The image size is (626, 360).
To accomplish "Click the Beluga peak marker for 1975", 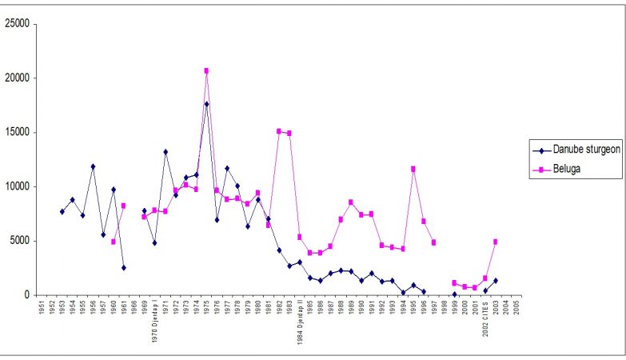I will [x=206, y=70].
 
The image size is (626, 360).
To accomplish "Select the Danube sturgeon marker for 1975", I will [x=206, y=104].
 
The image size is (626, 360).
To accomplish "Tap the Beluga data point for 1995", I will [x=413, y=169].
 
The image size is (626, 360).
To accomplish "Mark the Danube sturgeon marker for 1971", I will [x=165, y=152].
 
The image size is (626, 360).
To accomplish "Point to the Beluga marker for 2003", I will [x=496, y=242].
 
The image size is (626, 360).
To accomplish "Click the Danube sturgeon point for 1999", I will [x=454, y=294].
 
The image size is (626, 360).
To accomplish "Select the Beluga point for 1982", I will [x=279, y=131].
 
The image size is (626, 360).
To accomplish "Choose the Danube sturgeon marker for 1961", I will [x=123, y=267].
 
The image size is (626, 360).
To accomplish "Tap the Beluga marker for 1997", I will [x=433, y=242].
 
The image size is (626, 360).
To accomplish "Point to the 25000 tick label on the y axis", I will [x=18, y=23].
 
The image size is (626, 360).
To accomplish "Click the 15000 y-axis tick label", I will [x=18, y=132].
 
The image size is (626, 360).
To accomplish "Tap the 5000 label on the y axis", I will [x=20, y=241].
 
